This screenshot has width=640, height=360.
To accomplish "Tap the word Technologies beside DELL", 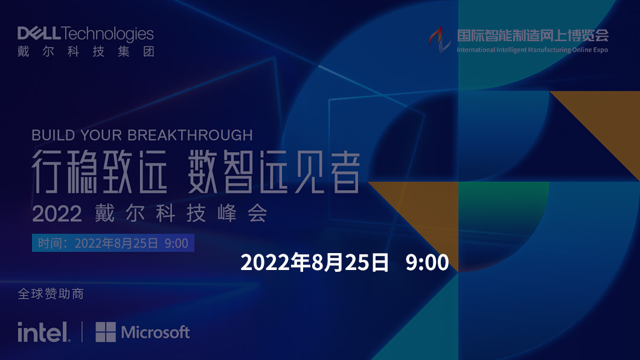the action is (108, 34).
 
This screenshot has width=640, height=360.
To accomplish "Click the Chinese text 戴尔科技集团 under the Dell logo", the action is (86, 51).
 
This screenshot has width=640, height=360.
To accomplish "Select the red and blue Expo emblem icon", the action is (440, 40).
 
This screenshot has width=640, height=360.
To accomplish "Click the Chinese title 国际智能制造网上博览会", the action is (533, 36).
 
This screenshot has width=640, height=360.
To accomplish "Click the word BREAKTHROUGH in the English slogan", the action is (190, 135).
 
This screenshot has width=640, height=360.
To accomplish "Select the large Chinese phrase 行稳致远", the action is (100, 172).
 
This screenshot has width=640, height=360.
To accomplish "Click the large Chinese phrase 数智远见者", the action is (274, 172).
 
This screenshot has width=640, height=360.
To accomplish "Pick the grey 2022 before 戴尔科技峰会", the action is (57, 214).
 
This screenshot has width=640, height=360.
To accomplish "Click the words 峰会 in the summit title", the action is (243, 213).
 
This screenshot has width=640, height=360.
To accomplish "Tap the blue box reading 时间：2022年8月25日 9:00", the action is (113, 243).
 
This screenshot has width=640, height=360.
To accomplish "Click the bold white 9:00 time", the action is (427, 262).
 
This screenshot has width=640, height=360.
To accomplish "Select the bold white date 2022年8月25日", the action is (315, 262).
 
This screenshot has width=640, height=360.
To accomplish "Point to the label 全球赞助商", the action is (51, 294).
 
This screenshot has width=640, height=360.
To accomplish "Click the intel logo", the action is (44, 332).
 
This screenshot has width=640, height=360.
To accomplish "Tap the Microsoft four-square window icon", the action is (106, 332).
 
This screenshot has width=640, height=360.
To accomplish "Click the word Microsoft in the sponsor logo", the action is (156, 332).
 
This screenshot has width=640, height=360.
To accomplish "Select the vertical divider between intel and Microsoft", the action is (83, 332).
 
